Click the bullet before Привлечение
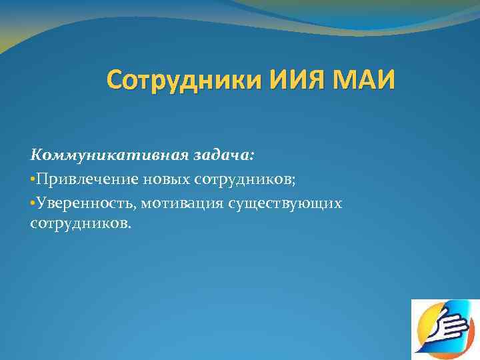coord(33,179)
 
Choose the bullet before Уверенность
coord(33,201)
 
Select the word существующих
coord(286,201)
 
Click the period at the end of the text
coord(130,226)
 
